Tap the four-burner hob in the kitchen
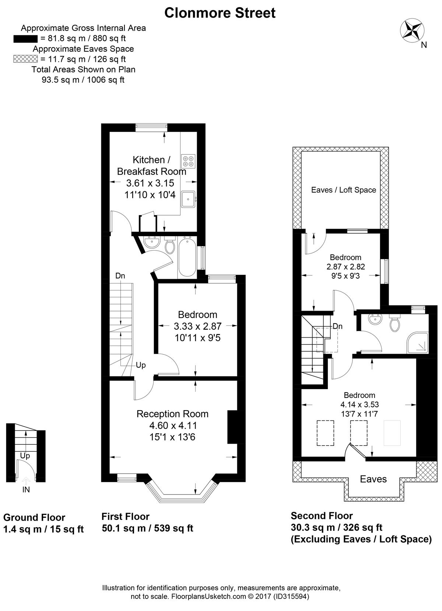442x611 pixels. tap(188, 161)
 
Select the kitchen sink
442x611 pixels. tap(188, 199)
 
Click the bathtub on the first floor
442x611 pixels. tap(187, 257)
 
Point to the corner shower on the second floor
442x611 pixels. tap(417, 343)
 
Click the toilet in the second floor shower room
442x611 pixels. tap(394, 323)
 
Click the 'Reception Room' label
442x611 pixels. tap(172, 414)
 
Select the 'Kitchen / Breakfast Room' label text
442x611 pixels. tap(152, 165)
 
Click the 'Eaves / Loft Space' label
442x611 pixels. tap(344, 190)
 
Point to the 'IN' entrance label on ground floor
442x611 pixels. tap(26, 490)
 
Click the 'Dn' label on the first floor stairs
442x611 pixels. tap(120, 276)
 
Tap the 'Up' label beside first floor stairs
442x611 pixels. tap(141, 365)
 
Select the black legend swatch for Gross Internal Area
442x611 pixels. tap(25, 39)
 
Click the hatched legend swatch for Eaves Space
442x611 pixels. tap(25, 59)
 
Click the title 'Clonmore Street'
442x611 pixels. tap(220, 13)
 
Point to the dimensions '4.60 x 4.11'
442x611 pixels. tap(173, 426)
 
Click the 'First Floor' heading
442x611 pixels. tap(126, 516)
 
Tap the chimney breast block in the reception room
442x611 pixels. tap(232, 427)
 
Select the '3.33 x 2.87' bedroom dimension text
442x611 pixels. tap(198, 326)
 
